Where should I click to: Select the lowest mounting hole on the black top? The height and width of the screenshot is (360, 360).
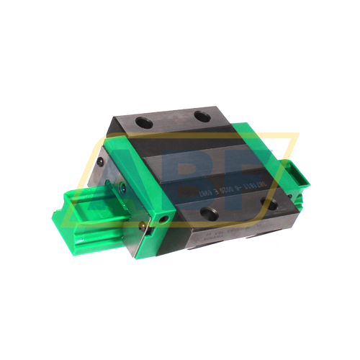click(x=210, y=211)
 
